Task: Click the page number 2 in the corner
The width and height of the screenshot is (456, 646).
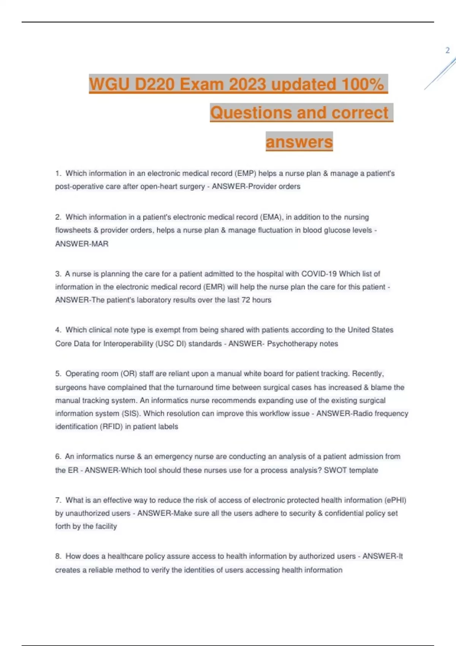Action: [447, 50]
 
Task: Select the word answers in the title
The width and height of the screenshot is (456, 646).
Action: [299, 142]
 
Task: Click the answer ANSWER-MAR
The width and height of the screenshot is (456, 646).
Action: [82, 244]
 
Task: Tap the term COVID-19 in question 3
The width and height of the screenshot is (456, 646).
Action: [319, 274]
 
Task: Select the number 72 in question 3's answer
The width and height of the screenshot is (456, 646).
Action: [245, 300]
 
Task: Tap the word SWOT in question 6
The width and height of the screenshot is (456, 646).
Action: [335, 470]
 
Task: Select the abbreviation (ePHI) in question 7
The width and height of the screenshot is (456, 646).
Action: [395, 500]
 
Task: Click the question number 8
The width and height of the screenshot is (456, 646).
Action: [58, 556]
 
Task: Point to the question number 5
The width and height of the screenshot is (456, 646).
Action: [58, 374]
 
